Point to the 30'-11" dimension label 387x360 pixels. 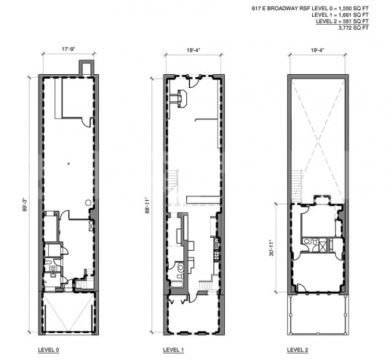pyautogui.click(x=272, y=249)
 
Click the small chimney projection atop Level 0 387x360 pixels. pyautogui.click(x=86, y=66)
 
